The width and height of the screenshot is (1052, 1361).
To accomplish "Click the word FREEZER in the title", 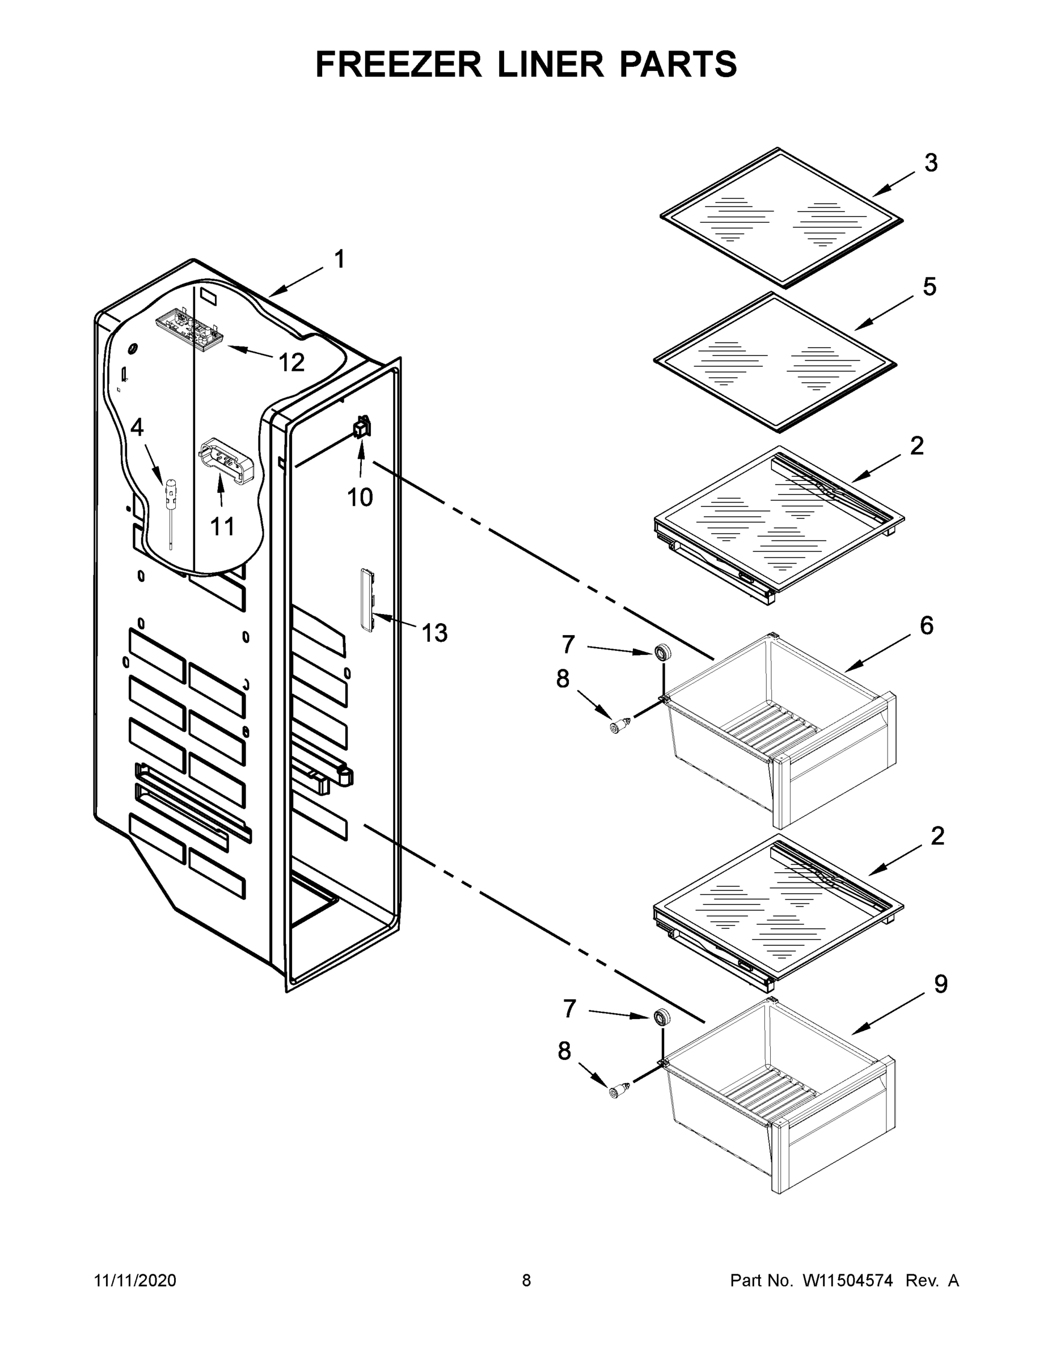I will (398, 64).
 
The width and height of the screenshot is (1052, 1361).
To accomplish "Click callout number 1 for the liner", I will (340, 259).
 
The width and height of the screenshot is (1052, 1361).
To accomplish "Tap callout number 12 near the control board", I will (291, 362).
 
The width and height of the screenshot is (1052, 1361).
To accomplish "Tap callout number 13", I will (434, 633).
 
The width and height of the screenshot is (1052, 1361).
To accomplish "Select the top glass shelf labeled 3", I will (781, 218).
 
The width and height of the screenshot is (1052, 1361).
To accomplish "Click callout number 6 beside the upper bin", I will (927, 625).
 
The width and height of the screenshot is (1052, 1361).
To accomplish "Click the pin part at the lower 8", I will (619, 1090).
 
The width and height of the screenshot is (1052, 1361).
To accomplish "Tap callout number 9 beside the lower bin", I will (940, 984).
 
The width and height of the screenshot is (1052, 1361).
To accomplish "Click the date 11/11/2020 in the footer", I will (135, 1280).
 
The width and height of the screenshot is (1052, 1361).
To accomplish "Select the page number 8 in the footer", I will (526, 1280).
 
